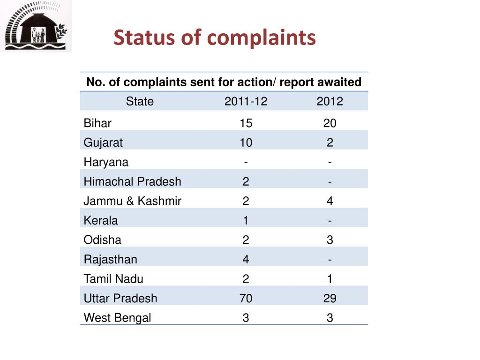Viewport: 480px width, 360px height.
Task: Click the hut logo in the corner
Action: click(x=36, y=26)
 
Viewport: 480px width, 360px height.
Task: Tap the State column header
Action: click(x=140, y=101)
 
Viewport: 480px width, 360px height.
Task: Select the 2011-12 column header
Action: click(x=246, y=101)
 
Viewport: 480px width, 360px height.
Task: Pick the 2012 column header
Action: click(x=330, y=101)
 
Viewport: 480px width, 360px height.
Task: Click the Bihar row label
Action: click(x=97, y=123)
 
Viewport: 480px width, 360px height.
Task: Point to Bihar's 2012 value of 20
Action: click(x=330, y=123)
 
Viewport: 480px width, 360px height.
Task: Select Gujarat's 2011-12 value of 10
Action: click(x=246, y=142)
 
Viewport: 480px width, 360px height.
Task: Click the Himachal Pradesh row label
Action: click(x=132, y=181)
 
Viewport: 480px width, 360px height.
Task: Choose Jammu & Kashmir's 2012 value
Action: click(x=330, y=201)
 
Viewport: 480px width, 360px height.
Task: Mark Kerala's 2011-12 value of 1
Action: click(x=246, y=220)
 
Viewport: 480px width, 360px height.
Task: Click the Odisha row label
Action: click(x=102, y=240)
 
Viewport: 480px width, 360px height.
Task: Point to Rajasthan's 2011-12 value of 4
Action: click(x=246, y=260)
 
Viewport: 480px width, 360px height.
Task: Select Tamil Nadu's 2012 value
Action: click(x=330, y=279)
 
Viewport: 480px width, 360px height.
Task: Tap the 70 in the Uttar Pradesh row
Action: click(x=246, y=299)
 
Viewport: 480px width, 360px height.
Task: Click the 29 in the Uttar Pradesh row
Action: click(x=330, y=299)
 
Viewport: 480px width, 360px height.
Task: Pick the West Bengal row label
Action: click(x=117, y=318)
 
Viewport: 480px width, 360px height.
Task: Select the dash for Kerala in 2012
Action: click(x=330, y=221)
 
